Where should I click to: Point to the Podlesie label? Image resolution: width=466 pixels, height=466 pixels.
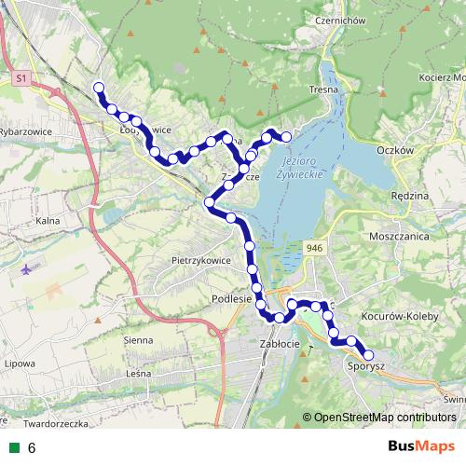pos(232,298)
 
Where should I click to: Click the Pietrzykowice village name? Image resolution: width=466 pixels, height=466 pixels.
pos(202,259)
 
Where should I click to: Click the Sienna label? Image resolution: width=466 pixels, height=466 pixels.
pos(137,340)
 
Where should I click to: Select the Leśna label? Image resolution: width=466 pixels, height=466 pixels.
pos(138,373)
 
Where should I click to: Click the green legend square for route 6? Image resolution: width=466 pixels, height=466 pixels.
pos(13,447)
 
